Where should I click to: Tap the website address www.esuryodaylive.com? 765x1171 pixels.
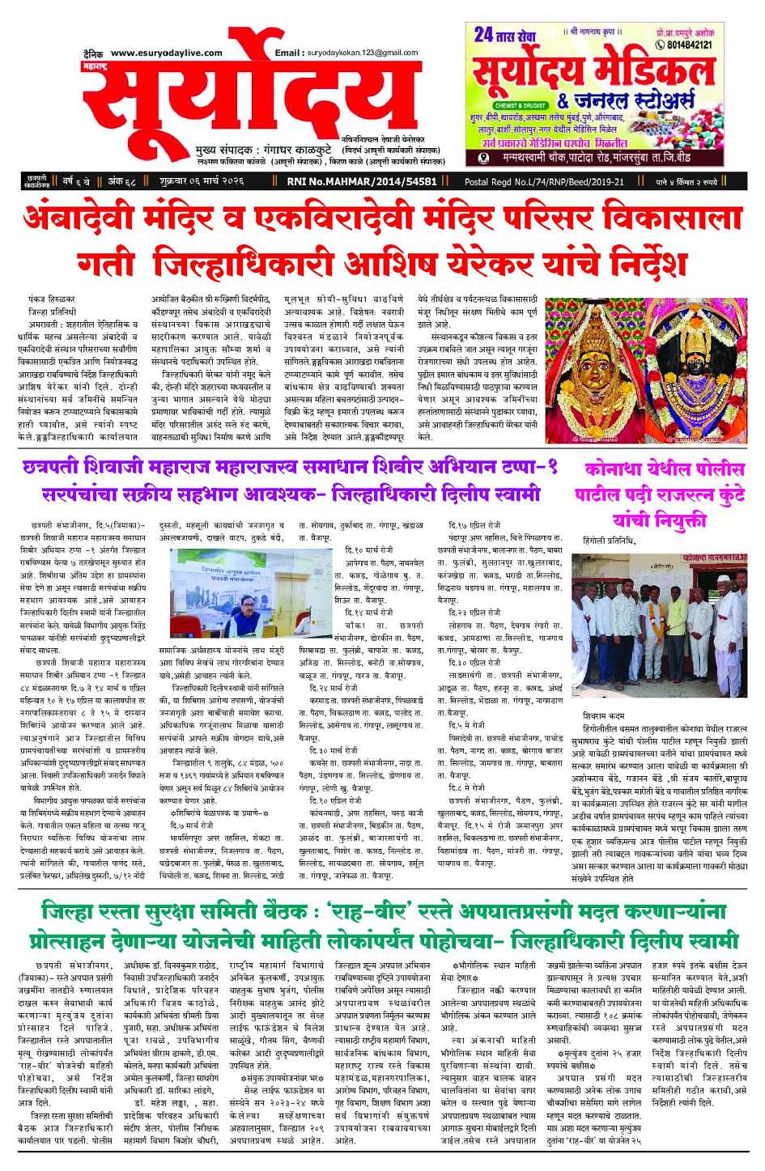167,53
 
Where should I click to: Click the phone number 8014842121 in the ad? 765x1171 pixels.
690,45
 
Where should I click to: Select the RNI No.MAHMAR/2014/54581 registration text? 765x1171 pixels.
362,182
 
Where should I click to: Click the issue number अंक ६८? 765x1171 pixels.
121,182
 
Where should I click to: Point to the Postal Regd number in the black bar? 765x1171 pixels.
544,182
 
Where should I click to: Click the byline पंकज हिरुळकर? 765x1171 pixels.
51,299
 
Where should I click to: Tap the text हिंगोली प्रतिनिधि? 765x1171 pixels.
609,541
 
